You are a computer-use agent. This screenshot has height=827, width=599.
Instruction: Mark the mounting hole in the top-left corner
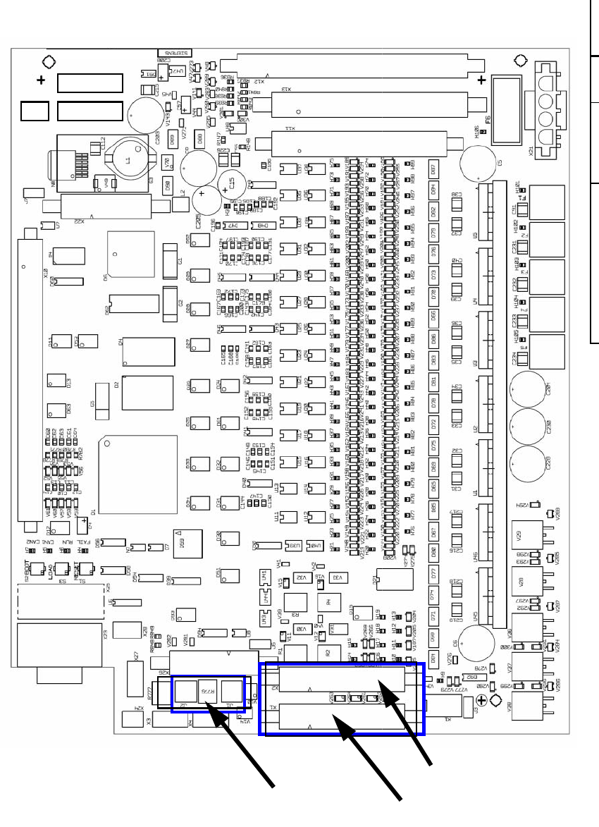coord(48,61)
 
